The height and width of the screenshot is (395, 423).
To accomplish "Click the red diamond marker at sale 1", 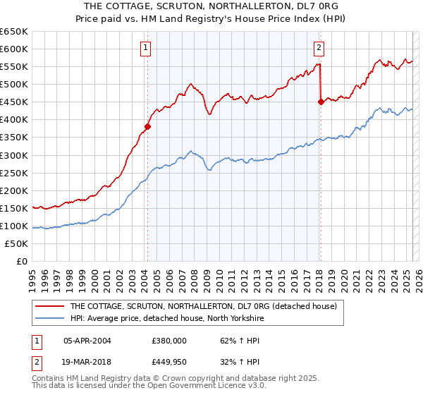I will pyautogui.click(x=148, y=127).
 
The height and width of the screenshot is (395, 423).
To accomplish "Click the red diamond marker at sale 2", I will pyautogui.click(x=321, y=102).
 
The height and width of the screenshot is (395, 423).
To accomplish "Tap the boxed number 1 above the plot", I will pyautogui.click(x=145, y=48).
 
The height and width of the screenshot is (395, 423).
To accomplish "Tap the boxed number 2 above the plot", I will pyautogui.click(x=319, y=48).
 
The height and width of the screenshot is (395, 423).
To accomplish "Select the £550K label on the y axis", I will pyautogui.click(x=14, y=66).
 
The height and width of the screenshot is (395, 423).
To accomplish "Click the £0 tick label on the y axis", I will pyautogui.click(x=20, y=261).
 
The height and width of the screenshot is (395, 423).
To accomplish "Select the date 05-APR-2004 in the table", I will pyautogui.click(x=87, y=340).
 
